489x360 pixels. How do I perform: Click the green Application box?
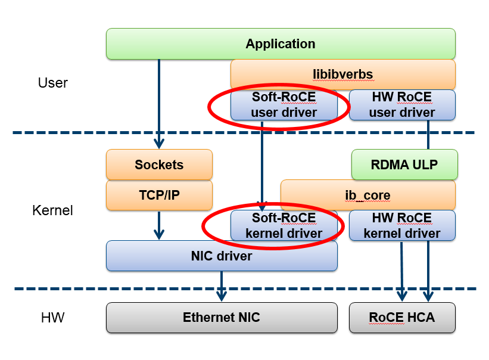click(281, 44)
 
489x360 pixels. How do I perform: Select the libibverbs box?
click(342, 74)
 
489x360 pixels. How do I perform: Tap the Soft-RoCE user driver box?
click(284, 105)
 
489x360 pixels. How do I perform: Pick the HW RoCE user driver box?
click(402, 105)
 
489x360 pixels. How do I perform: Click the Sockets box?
click(159, 165)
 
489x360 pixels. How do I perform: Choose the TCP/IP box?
click(159, 195)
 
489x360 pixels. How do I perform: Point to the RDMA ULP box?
click(404, 165)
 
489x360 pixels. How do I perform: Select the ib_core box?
click(367, 195)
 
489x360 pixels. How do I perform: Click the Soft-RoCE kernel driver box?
click(284, 226)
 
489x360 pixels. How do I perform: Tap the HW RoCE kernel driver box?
click(402, 226)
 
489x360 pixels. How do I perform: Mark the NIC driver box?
click(222, 256)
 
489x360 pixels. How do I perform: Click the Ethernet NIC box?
click(222, 317)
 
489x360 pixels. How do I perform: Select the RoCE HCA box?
click(401, 317)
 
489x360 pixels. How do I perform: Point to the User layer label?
click(52, 83)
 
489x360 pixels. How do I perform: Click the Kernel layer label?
click(52, 210)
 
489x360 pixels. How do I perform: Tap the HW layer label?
click(52, 318)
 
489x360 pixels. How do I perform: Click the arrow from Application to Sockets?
click(159, 101)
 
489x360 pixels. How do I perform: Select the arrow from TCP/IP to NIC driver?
click(159, 225)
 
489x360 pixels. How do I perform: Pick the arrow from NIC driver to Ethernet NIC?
click(222, 286)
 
